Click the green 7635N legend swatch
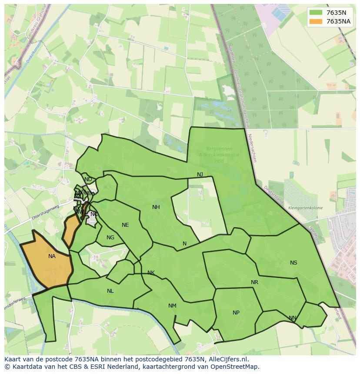click(x=316, y=13)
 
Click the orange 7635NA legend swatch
click(x=316, y=21)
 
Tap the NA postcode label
click(x=52, y=256)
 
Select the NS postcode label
click(x=293, y=263)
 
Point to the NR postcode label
click(x=254, y=282)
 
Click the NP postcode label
click(x=236, y=313)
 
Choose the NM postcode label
click(x=172, y=306)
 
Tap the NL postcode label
click(x=110, y=291)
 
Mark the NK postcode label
click(x=151, y=273)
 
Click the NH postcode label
click(x=156, y=207)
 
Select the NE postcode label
click(x=125, y=225)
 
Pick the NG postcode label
click(x=110, y=238)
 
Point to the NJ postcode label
click(x=200, y=175)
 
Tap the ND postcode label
click(x=88, y=179)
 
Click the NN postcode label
click(x=293, y=318)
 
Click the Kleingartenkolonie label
click(x=305, y=208)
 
